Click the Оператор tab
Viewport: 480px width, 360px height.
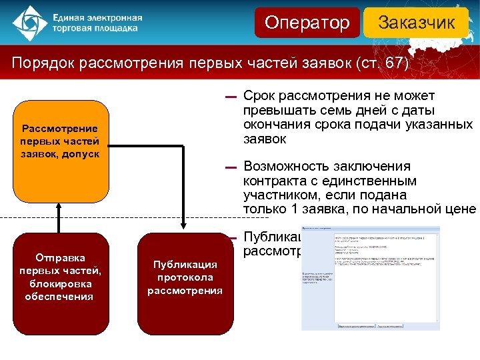coord(307,23)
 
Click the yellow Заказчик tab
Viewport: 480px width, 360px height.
coord(416,23)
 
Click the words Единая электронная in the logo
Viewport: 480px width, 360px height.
coord(97,17)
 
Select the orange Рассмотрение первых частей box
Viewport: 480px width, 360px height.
coord(60,151)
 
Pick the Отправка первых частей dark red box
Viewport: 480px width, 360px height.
coord(60,283)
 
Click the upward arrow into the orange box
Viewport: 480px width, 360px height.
coord(59,217)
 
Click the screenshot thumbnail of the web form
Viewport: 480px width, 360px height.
coord(371,277)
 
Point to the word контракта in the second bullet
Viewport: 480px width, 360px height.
coord(273,181)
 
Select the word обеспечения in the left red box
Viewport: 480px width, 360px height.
coord(59,296)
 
